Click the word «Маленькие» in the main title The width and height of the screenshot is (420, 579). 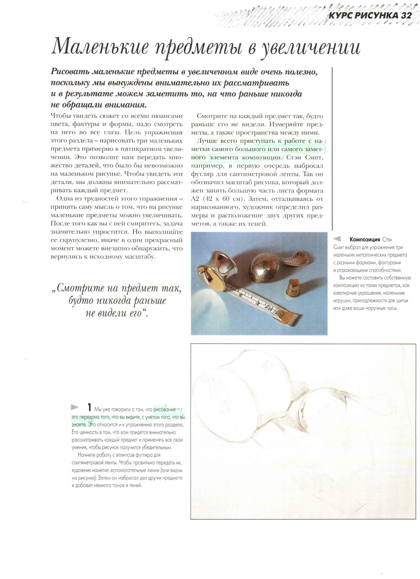tap(100, 47)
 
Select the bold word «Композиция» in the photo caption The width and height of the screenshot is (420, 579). tap(365, 240)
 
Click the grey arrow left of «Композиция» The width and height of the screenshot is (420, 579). tap(337, 239)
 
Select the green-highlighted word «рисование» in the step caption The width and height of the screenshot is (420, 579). tap(164, 410)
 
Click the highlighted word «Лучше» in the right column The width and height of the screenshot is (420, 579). tap(207, 141)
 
